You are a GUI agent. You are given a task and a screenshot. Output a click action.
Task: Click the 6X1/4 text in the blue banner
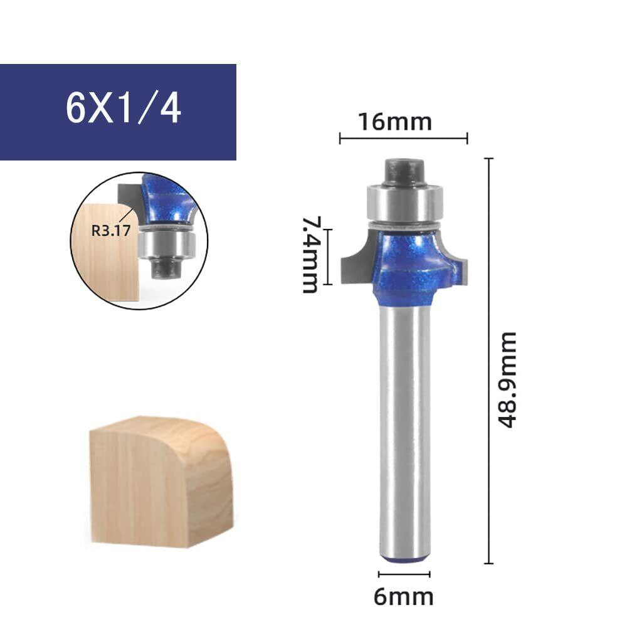point(123,108)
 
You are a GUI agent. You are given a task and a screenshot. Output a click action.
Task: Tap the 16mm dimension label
point(395,122)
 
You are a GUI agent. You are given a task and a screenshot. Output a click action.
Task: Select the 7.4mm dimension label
point(311,255)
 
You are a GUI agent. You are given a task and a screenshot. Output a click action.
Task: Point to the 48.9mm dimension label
point(507,380)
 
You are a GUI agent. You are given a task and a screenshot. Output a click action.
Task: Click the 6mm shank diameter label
point(403,597)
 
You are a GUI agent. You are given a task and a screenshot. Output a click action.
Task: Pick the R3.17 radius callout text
point(111,230)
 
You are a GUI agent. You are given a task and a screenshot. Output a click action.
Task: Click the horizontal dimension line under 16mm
point(403,139)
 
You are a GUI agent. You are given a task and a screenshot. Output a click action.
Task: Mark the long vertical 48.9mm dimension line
point(488,361)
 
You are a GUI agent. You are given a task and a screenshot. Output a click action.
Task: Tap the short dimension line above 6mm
point(404,574)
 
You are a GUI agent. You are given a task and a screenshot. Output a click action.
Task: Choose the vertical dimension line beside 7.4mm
point(328,256)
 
